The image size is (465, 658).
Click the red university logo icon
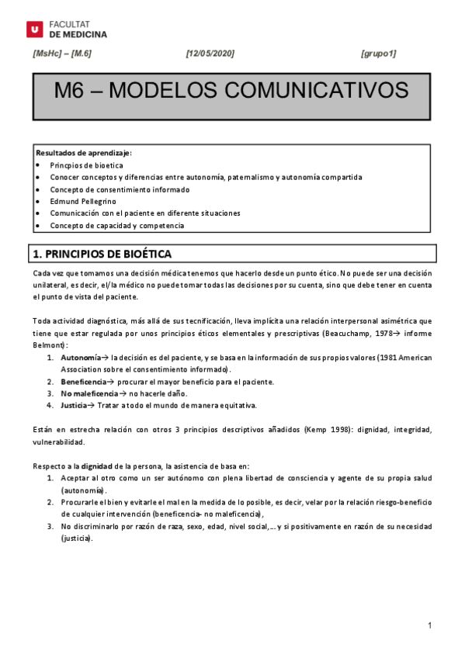point(34,29)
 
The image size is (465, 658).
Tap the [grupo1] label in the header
point(378,54)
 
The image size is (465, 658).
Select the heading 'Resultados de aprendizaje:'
point(83,153)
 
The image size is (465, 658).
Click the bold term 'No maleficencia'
point(89,393)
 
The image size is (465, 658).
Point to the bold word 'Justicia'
point(75,405)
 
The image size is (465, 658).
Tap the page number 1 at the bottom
point(429,625)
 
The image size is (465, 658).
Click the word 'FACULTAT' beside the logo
point(68,25)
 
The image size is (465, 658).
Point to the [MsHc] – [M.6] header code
point(62,54)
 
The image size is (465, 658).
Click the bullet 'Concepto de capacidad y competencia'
point(117,225)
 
